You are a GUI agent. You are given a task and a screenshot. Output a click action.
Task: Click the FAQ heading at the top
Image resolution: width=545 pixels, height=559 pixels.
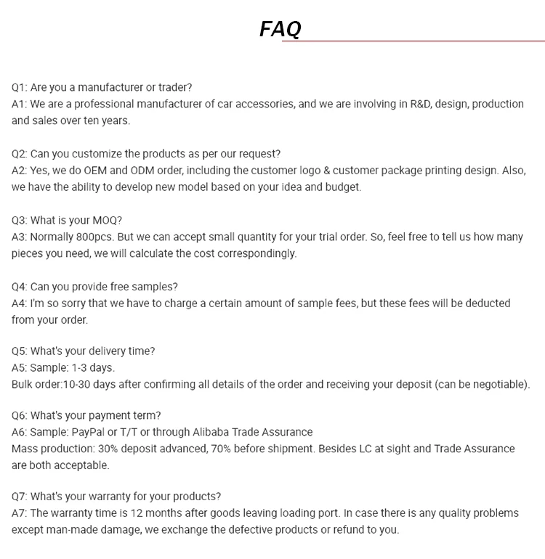280,29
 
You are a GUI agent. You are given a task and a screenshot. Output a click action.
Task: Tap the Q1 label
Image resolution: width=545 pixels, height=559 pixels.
19,88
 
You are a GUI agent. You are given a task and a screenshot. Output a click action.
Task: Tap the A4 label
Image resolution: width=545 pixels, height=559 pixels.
19,303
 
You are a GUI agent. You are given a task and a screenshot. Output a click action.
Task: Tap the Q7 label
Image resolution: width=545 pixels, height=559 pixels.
19,497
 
